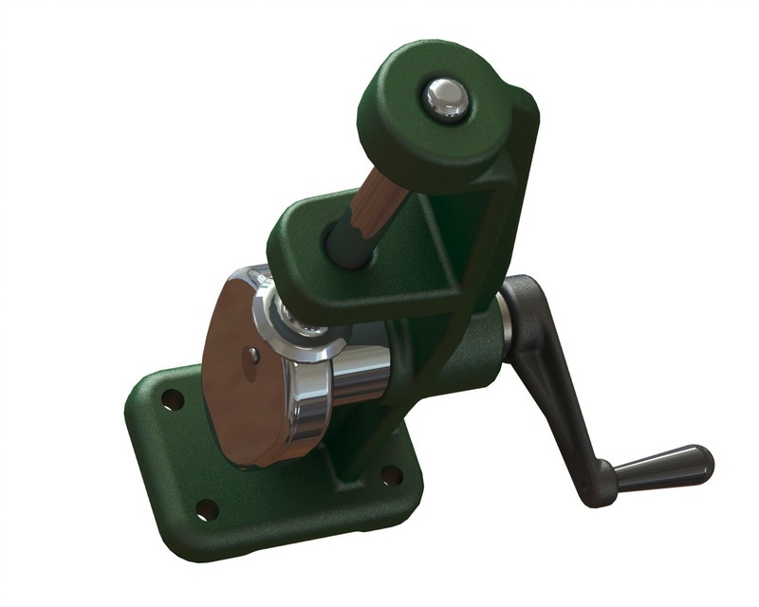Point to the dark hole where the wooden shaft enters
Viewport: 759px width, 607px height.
pos(346,248)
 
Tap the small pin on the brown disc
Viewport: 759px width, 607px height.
pos(253,355)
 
